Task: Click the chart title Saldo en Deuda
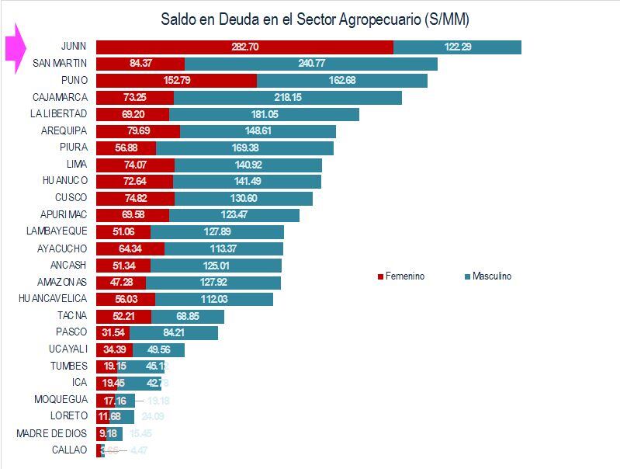(314, 18)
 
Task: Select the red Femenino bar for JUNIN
(244, 47)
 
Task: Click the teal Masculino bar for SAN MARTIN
(310, 64)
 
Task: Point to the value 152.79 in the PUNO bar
(158, 81)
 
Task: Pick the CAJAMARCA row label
(60, 97)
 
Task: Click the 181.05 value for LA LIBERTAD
(265, 114)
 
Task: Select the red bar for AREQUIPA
(138, 130)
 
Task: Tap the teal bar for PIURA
(244, 148)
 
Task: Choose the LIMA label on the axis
(77, 164)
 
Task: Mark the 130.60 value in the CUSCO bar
(244, 198)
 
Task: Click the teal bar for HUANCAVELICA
(214, 299)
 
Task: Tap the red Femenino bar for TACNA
(123, 316)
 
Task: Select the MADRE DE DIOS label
(52, 433)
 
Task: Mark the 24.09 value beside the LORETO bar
(154, 417)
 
